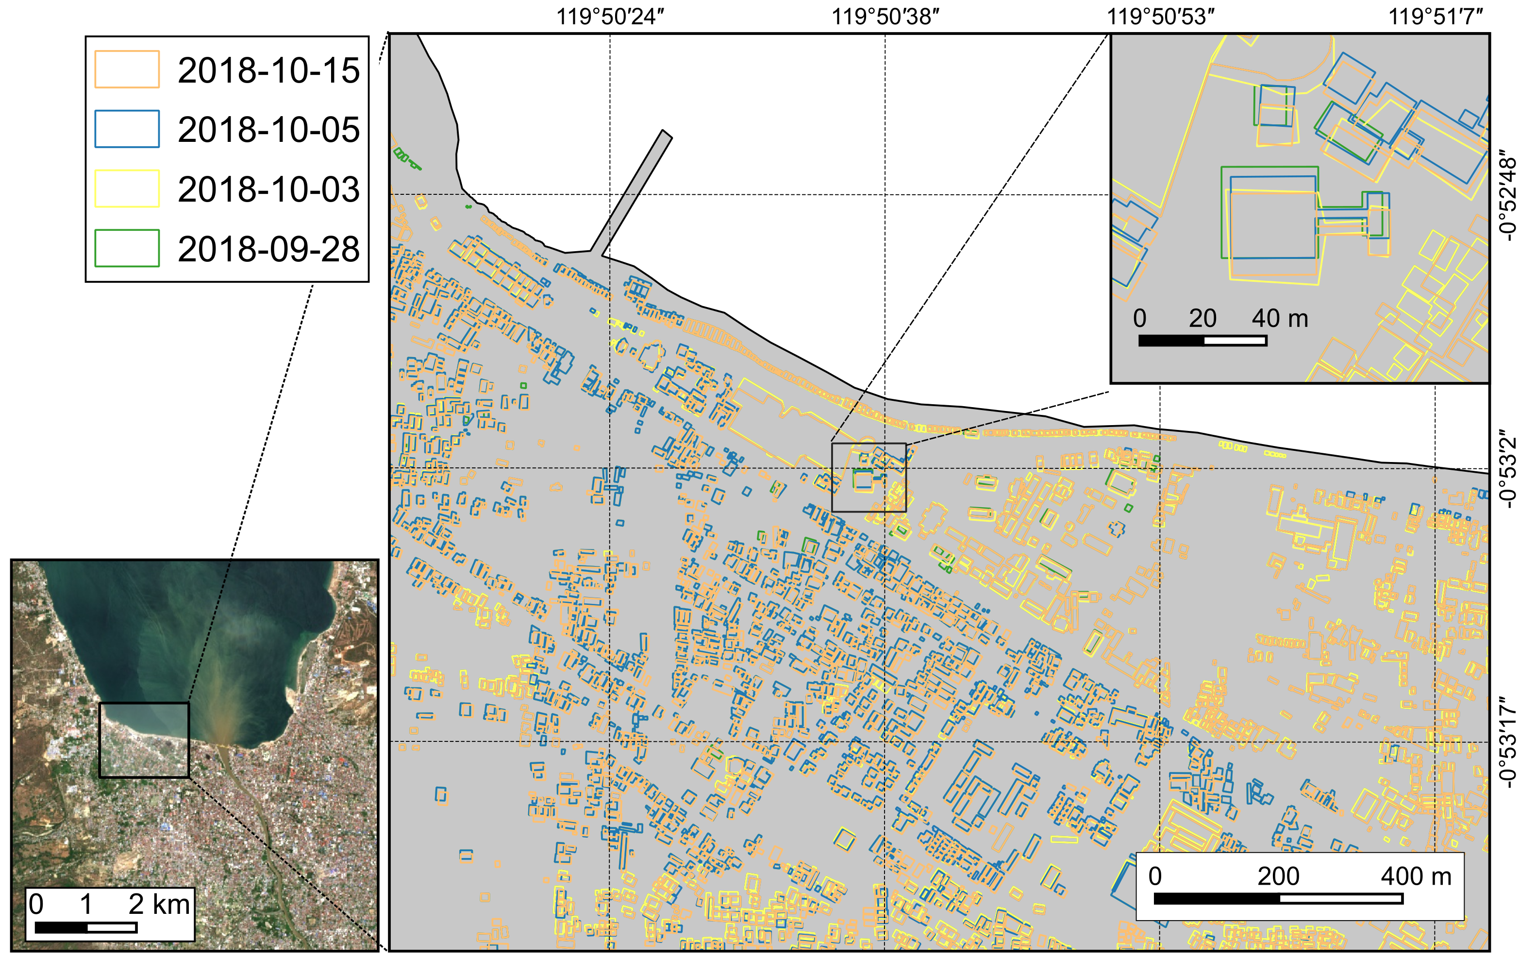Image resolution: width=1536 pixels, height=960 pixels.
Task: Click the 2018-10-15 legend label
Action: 268,70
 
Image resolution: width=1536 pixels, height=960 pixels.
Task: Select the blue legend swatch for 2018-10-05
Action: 127,129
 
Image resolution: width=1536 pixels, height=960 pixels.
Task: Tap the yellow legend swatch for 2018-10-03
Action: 127,189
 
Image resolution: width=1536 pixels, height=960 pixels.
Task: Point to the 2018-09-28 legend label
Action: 268,248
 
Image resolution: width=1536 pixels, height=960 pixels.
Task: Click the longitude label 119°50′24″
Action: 610,17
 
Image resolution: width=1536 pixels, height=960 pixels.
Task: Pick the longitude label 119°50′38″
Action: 885,17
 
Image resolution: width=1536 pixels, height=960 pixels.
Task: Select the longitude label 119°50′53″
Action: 1160,17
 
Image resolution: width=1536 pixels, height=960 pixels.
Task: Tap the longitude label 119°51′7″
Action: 1435,17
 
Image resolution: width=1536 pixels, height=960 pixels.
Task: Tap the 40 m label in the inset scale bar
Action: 1280,318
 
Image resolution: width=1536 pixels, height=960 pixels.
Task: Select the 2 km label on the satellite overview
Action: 159,904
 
